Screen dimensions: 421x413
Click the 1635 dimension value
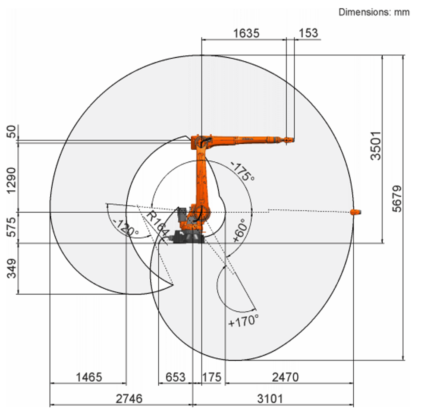coord(246,33)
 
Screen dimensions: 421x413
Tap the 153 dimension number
coord(308,33)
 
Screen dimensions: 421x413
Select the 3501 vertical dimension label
coord(376,146)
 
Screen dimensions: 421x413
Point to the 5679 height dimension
coord(397,199)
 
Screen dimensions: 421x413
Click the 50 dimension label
coord(12,132)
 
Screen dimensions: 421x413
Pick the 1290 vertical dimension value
coord(12,180)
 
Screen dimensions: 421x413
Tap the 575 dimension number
coord(12,227)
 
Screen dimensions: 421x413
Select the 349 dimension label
coord(12,268)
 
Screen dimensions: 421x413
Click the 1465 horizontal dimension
coord(89,377)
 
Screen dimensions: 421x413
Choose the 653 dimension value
coord(175,377)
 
